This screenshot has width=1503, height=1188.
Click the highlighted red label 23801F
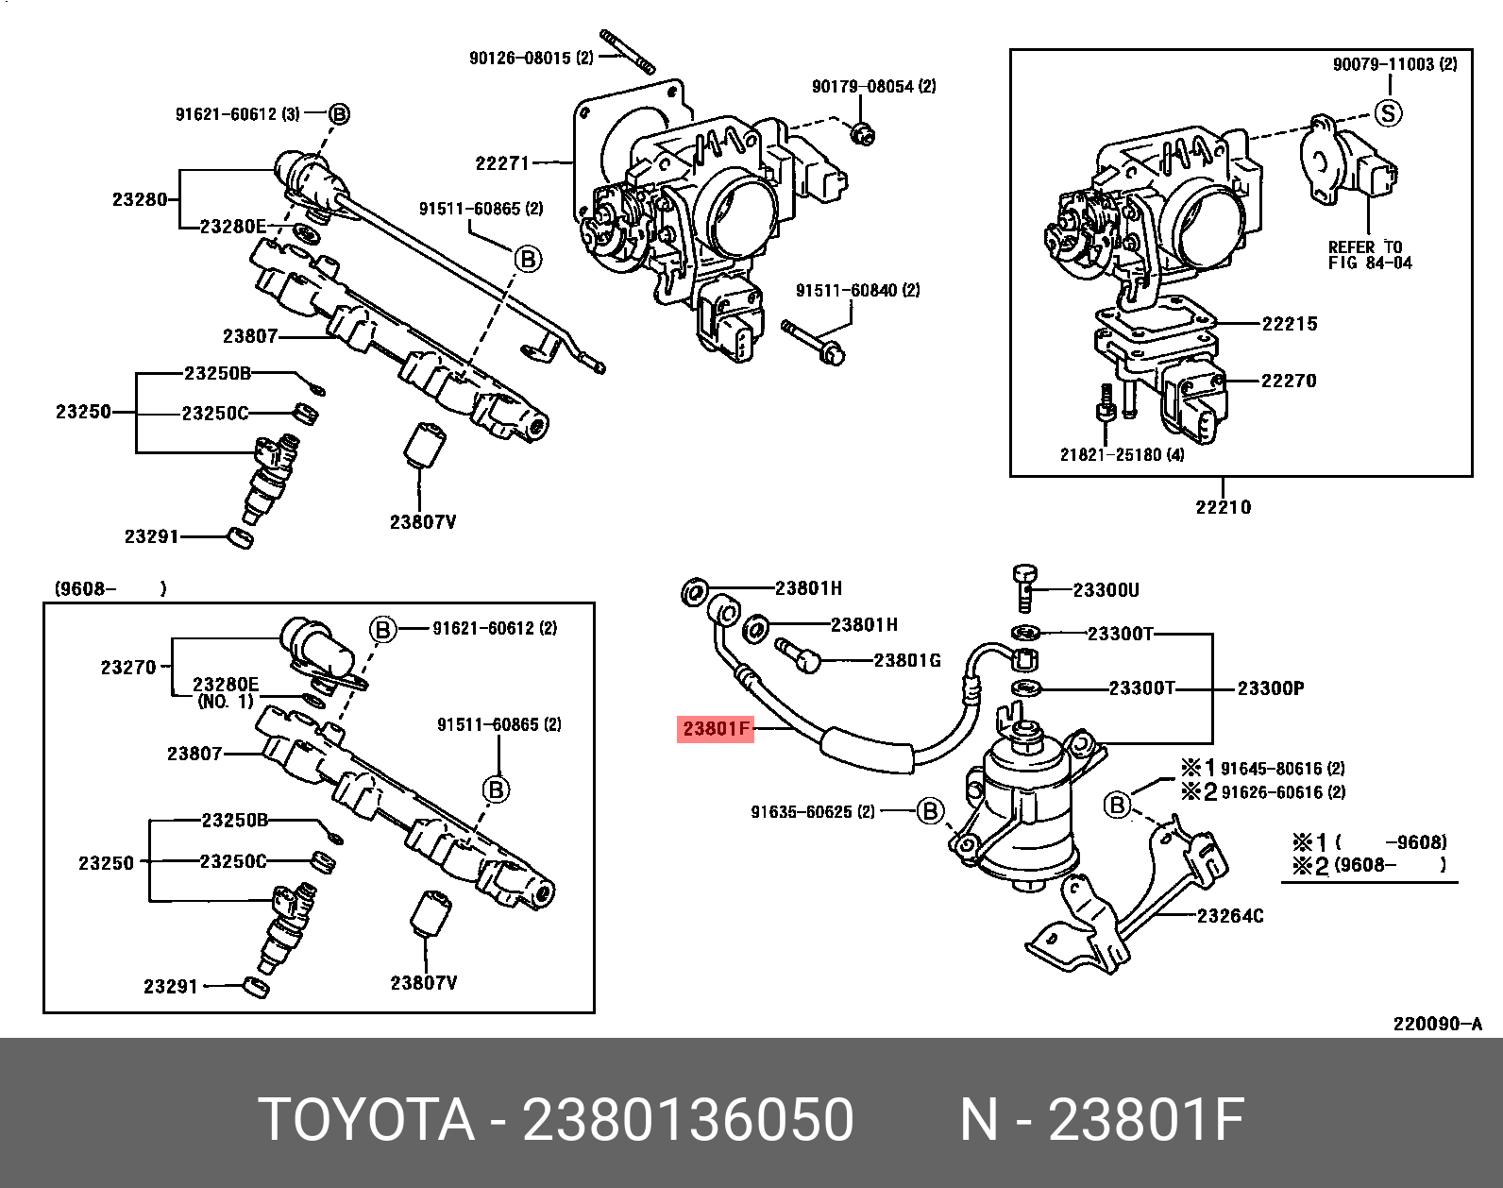click(x=716, y=729)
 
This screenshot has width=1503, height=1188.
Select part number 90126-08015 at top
click(x=531, y=59)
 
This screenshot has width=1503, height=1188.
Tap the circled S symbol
click(x=1388, y=114)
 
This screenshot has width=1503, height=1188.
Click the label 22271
click(x=502, y=163)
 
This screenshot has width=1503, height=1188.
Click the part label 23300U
click(x=1106, y=590)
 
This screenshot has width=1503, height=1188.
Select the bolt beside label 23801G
click(x=798, y=654)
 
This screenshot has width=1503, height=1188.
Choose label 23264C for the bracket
click(x=1230, y=916)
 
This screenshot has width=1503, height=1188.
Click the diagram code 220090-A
click(x=1438, y=1024)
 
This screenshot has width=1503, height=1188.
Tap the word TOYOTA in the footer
click(x=366, y=1120)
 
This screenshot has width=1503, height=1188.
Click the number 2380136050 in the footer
click(x=688, y=1120)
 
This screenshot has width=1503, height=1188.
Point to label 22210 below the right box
click(x=1224, y=507)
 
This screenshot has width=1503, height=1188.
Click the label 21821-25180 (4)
click(x=1122, y=455)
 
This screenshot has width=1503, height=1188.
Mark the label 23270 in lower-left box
click(x=128, y=668)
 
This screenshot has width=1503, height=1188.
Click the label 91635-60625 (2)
click(x=813, y=812)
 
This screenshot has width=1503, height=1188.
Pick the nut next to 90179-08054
click(x=860, y=134)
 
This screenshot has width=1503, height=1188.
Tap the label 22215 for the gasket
click(x=1290, y=324)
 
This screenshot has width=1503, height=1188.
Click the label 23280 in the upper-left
click(x=140, y=199)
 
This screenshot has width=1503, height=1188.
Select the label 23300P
click(x=1271, y=688)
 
